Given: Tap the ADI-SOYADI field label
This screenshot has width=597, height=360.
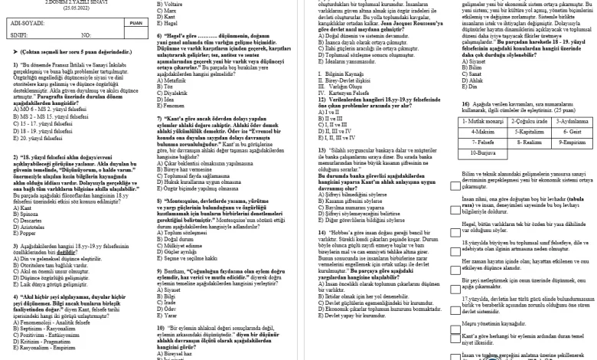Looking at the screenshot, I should pos(22,24).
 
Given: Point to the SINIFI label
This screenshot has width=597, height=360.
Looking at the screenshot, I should pos(15,35).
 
